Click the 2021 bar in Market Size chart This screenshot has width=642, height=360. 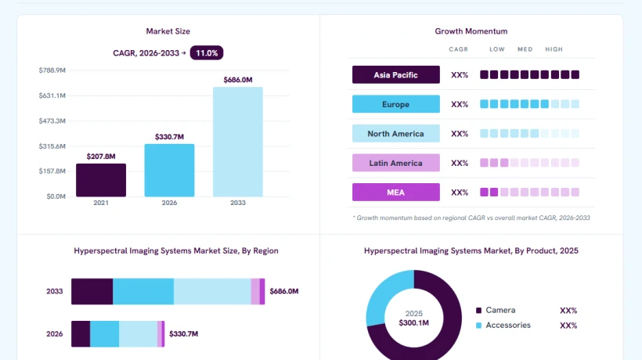tap(101, 180)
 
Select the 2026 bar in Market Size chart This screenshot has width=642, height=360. tap(170, 170)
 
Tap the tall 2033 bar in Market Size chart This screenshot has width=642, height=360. tap(238, 142)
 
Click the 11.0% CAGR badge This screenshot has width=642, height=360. tap(207, 52)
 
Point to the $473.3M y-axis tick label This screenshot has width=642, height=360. tap(52, 121)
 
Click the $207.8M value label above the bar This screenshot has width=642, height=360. tap(101, 157)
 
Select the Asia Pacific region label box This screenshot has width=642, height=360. tap(396, 75)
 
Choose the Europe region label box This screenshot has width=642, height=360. tap(396, 104)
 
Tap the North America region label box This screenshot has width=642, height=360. tap(396, 134)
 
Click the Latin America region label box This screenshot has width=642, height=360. tap(396, 163)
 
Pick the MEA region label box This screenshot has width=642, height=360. tap(396, 193)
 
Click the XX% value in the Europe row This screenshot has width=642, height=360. tap(460, 104)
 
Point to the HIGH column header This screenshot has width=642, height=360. tap(554, 49)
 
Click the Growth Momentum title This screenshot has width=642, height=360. tap(471, 31)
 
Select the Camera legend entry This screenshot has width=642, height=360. tap(496, 310)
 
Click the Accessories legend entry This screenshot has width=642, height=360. tap(503, 326)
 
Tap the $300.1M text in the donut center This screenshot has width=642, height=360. tap(414, 322)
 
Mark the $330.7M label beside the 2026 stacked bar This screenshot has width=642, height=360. tap(183, 334)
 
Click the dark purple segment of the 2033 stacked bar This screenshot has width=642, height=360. tap(92, 291)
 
